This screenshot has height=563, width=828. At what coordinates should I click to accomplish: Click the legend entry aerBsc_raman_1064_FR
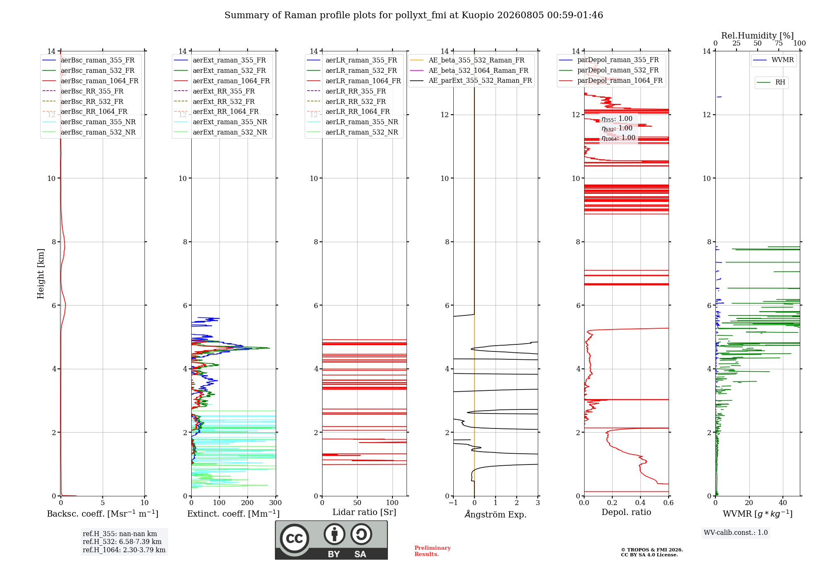91,81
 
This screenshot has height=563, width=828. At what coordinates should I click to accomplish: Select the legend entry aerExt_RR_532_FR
214,101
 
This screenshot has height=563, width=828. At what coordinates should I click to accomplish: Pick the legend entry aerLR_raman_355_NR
352,122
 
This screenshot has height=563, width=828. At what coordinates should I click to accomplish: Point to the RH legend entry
771,82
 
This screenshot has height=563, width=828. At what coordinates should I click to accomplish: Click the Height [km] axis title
41,274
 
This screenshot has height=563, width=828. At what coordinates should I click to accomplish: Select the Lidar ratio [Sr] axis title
364,512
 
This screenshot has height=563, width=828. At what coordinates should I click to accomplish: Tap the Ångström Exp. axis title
496,514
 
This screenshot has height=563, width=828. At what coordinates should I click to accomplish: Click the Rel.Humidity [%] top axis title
758,36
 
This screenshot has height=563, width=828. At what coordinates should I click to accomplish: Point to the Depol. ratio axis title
626,512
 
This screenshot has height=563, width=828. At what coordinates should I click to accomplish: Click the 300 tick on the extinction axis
276,503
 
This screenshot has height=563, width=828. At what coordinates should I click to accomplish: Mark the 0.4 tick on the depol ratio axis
640,503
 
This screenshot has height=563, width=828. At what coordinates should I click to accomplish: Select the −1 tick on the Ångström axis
453,503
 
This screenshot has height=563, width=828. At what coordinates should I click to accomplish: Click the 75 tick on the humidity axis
779,43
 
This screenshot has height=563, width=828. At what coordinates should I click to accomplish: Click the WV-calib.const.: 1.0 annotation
736,533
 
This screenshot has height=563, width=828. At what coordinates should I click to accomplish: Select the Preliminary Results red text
433,551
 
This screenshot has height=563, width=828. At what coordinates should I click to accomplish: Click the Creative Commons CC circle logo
294,538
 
